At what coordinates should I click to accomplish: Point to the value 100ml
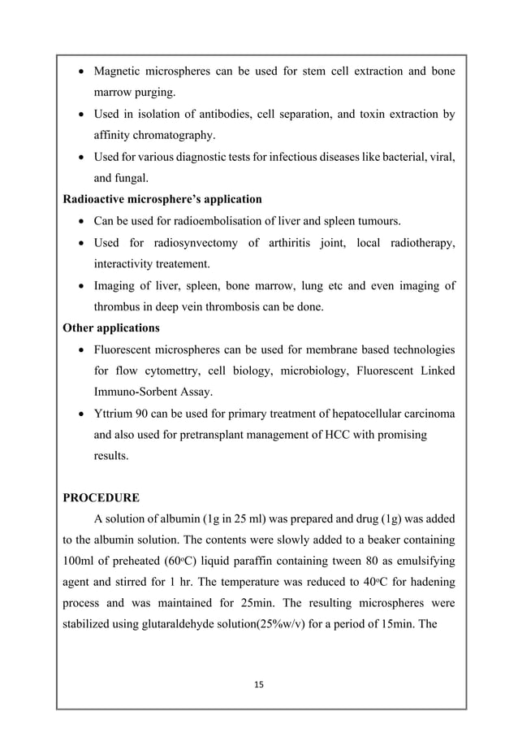(80, 562)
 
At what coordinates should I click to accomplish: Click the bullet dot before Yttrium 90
(83, 414)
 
